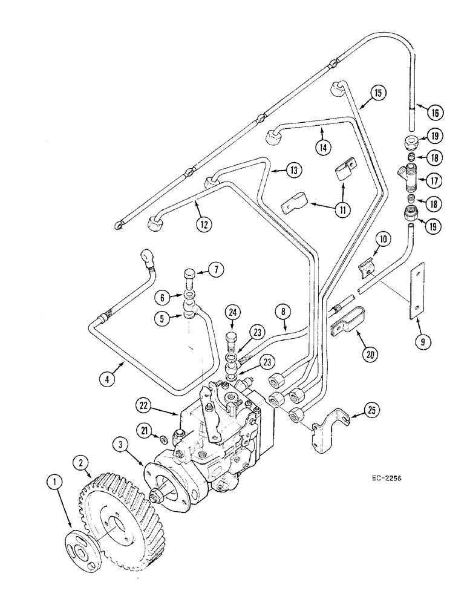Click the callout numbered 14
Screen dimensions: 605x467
click(322, 145)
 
